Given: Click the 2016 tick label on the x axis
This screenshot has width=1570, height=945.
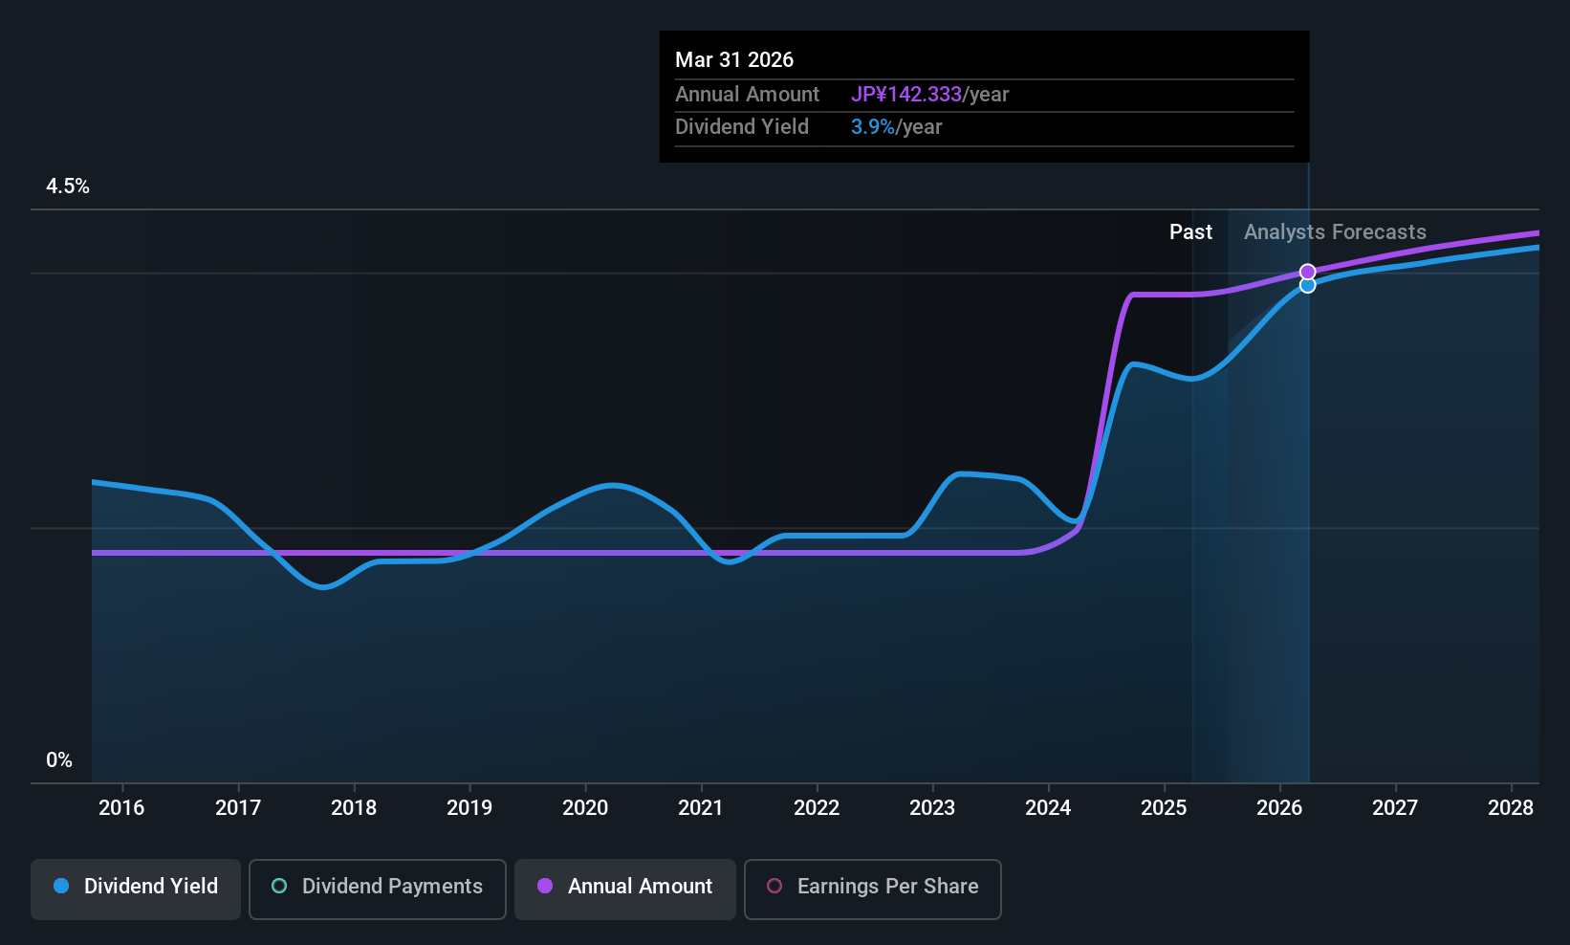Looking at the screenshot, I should [121, 808].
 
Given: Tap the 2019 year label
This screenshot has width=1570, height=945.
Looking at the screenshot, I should [469, 808].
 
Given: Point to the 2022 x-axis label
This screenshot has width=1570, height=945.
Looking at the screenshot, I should [817, 808].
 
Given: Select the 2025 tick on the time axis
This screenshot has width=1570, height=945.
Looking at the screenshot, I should [1164, 808].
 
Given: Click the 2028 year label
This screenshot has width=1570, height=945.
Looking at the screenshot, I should [1511, 808].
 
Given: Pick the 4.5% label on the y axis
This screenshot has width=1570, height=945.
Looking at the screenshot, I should [68, 187].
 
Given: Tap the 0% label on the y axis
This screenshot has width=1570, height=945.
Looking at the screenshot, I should [59, 760].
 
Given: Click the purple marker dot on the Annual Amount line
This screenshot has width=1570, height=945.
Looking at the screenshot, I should [1308, 273].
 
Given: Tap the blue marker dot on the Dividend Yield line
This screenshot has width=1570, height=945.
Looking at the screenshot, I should [1308, 285].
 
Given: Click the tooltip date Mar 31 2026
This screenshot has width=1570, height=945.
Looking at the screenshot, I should [734, 60].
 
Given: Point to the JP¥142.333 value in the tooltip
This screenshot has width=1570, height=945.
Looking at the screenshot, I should [906, 95].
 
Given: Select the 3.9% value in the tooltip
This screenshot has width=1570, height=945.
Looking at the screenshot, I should [873, 127].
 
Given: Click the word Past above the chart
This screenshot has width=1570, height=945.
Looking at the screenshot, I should [1190, 232].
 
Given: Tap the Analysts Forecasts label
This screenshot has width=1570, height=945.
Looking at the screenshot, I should [1335, 232].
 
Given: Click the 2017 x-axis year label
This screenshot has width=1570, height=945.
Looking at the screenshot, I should [238, 808].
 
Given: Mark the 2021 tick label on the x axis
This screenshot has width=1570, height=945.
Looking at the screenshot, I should [701, 808].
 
